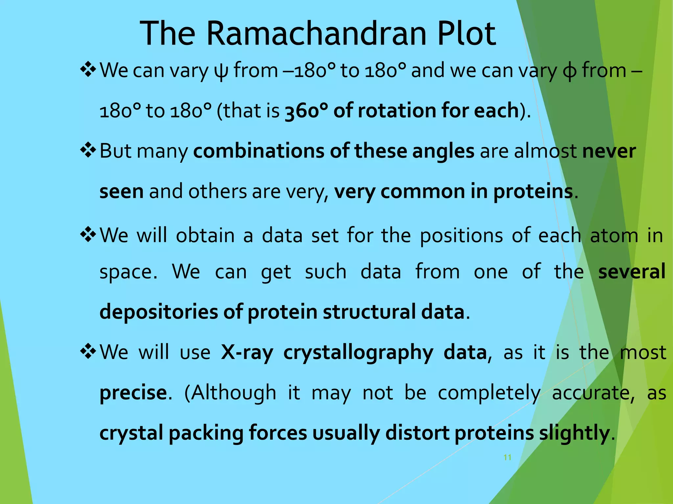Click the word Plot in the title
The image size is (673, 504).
click(466, 33)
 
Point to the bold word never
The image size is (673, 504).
click(609, 151)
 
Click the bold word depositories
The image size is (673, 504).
click(158, 312)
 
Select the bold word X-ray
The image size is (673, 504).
click(247, 352)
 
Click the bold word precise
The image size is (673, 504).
click(133, 393)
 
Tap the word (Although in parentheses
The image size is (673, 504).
click(230, 393)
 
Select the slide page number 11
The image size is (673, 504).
click(507, 457)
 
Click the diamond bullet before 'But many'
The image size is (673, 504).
click(88, 151)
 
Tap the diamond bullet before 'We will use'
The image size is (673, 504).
click(88, 352)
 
